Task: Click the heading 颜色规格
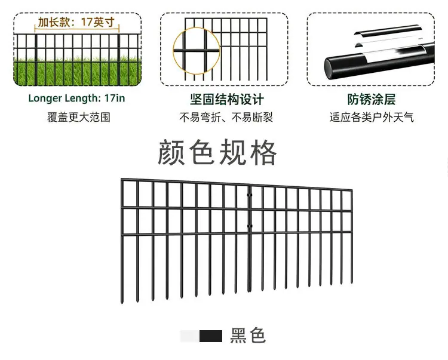pyautogui.click(x=217, y=152)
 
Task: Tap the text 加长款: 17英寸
pyautogui.click(x=76, y=22)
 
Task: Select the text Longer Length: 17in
pyautogui.click(x=76, y=98)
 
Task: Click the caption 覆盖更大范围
pyautogui.click(x=79, y=117)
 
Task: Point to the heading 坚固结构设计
pyautogui.click(x=227, y=99)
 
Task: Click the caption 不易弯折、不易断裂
pyautogui.click(x=226, y=117)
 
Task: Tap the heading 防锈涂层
pyautogui.click(x=372, y=99)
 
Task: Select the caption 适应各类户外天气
pyautogui.click(x=372, y=118)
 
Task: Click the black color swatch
pyautogui.click(x=211, y=336)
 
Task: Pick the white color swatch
pyautogui.click(x=190, y=336)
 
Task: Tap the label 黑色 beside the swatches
pyautogui.click(x=248, y=336)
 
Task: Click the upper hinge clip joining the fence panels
pyautogui.click(x=250, y=195)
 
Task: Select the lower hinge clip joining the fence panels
pyautogui.click(x=250, y=226)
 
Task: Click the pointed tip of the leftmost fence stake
pyautogui.click(x=122, y=303)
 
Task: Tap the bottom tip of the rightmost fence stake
pyautogui.click(x=352, y=282)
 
